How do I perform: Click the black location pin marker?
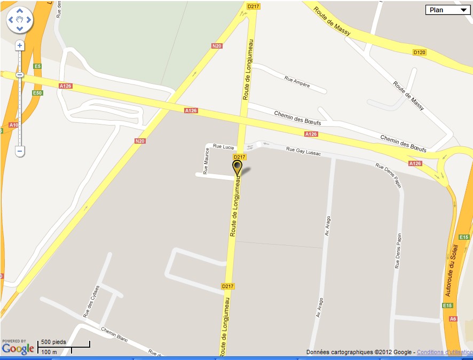point(237,168)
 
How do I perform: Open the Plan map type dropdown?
point(447,10)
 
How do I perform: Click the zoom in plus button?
point(20,46)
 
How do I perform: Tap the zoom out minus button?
point(20,151)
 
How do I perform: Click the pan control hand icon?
point(20,20)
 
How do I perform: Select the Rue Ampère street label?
point(297,81)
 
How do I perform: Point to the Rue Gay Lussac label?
point(303,151)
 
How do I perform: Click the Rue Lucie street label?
point(224,146)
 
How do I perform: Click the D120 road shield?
point(420,52)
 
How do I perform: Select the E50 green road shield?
point(37,93)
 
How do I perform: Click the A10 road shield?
point(13,125)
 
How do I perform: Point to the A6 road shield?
point(453,319)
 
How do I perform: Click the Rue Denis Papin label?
point(398,251)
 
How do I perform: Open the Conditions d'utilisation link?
point(444,352)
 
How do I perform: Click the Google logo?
point(18,349)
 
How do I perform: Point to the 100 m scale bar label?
point(49,352)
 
